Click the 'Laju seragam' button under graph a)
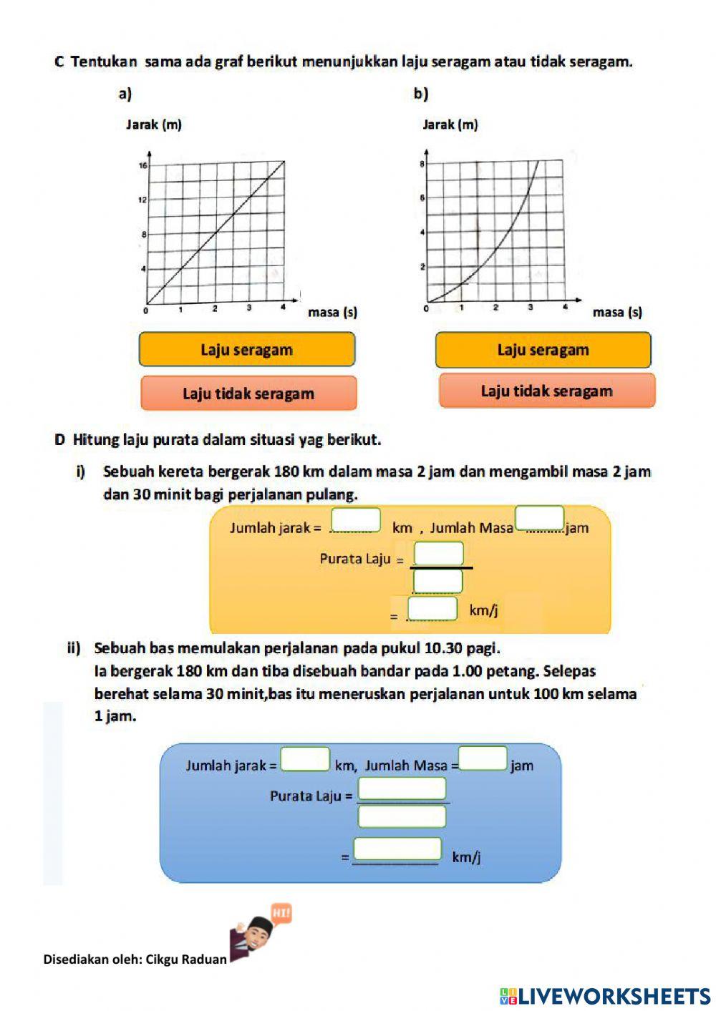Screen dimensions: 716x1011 247,349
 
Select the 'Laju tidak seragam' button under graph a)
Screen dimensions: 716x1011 248,393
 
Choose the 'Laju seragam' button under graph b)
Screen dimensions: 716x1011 543,349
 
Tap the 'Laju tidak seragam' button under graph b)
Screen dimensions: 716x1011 547,391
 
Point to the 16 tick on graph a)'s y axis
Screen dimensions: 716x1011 142,165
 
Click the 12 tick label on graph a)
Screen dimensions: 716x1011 142,200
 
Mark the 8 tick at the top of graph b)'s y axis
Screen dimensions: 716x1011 422,164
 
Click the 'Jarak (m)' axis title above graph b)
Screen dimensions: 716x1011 450,124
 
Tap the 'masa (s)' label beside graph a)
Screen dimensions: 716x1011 332,312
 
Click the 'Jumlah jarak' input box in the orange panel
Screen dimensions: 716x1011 356,519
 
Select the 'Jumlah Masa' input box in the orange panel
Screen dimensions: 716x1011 540,517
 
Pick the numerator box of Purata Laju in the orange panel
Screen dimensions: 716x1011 439,553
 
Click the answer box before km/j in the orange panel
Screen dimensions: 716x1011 432,608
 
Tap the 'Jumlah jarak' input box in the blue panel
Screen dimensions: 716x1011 305,758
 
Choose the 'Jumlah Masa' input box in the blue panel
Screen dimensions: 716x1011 483,758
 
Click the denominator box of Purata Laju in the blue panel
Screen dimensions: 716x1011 402,816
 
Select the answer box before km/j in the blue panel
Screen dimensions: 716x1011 397,849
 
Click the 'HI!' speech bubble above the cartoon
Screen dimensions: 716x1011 281,914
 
